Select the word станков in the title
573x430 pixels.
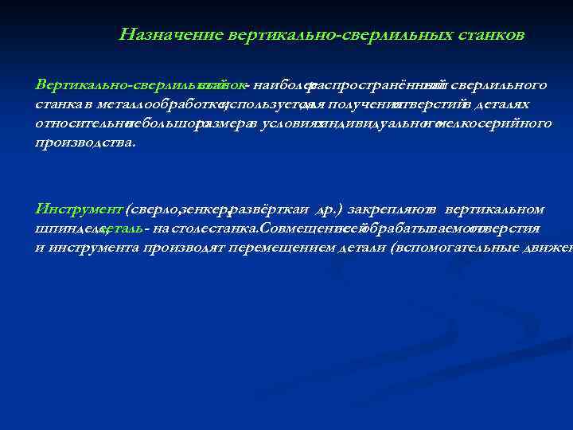point(493,35)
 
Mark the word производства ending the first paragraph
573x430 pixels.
point(84,143)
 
